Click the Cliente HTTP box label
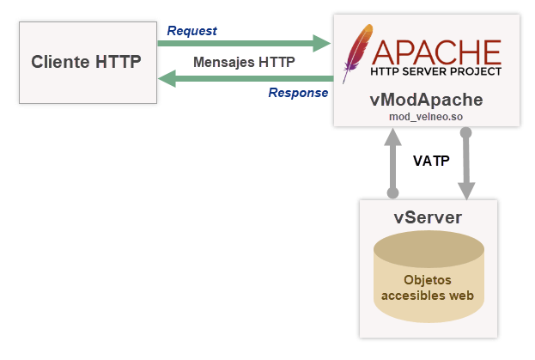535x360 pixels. click(86, 63)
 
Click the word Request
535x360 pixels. click(192, 31)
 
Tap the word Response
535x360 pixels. click(298, 93)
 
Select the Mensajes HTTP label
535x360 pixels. click(244, 62)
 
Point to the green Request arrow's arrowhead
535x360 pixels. click(322, 42)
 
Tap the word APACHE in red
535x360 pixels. click(436, 48)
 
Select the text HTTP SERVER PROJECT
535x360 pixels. click(435, 72)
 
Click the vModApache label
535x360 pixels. click(426, 99)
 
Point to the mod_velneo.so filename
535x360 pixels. click(426, 116)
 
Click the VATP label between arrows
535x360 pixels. click(430, 161)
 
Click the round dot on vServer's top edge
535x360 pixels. click(393, 193)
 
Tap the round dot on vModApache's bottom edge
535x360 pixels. click(466, 133)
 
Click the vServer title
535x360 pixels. click(428, 216)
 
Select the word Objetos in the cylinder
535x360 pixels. click(428, 280)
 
